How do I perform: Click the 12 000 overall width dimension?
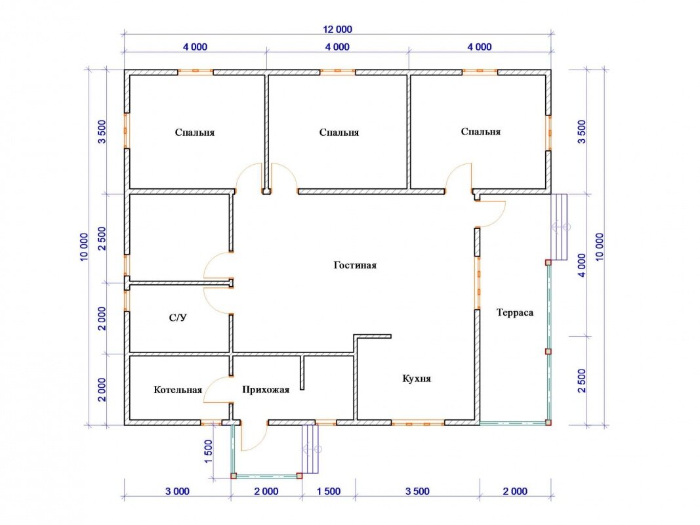coord(337,30)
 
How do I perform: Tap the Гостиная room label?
coord(355,265)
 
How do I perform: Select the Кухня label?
coord(417,379)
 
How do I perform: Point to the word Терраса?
coord(515,312)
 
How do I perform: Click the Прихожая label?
coord(266,390)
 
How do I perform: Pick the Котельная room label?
coord(178,390)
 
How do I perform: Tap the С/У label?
coord(178,318)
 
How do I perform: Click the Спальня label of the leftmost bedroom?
coord(195,133)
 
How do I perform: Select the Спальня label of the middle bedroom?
coord(339,133)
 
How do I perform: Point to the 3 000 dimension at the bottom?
coord(177,492)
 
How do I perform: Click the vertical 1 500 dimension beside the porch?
coord(209,451)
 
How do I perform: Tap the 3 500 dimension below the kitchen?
coord(417,492)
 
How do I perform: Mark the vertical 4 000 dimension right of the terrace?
coord(582,265)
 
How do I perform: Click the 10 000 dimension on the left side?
coord(85,247)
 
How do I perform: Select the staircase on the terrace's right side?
coord(558,227)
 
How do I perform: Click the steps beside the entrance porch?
coord(311,449)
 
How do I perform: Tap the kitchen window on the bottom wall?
coord(418,423)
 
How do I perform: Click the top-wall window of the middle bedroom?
coord(337,70)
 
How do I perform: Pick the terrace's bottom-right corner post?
coord(548,422)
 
